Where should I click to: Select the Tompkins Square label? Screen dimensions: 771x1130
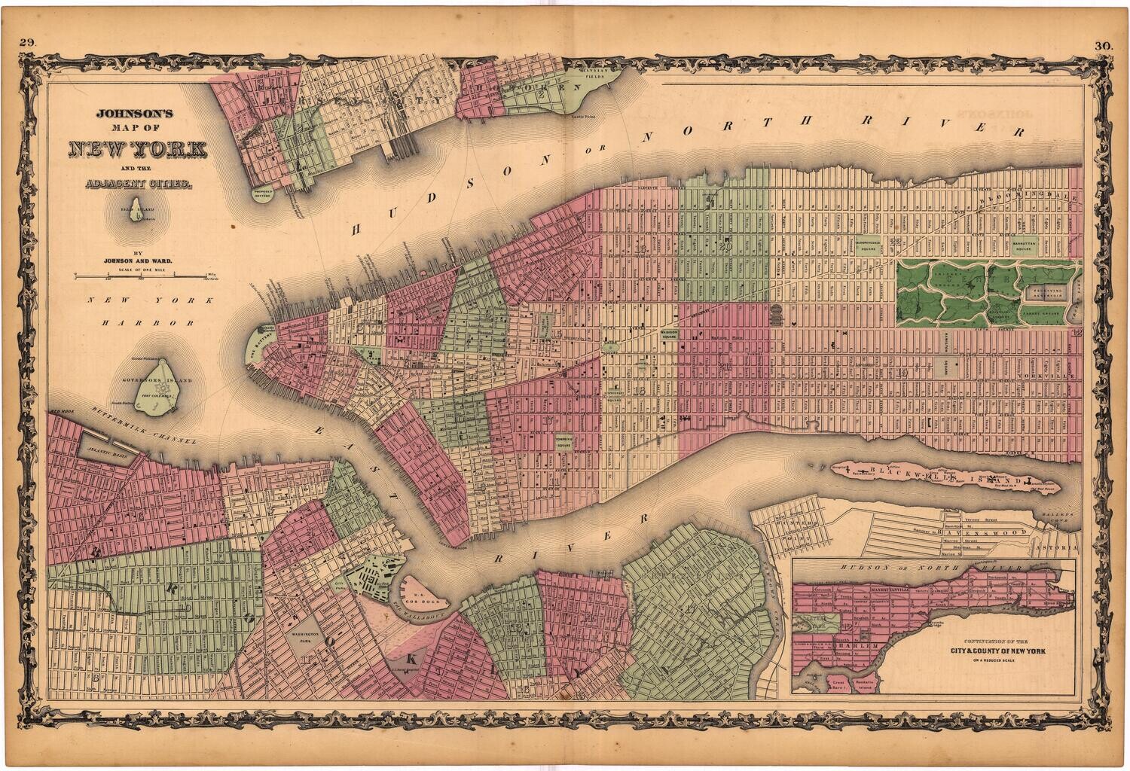pyautogui.click(x=565, y=441)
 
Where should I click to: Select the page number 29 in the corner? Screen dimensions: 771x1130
pyautogui.click(x=29, y=44)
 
